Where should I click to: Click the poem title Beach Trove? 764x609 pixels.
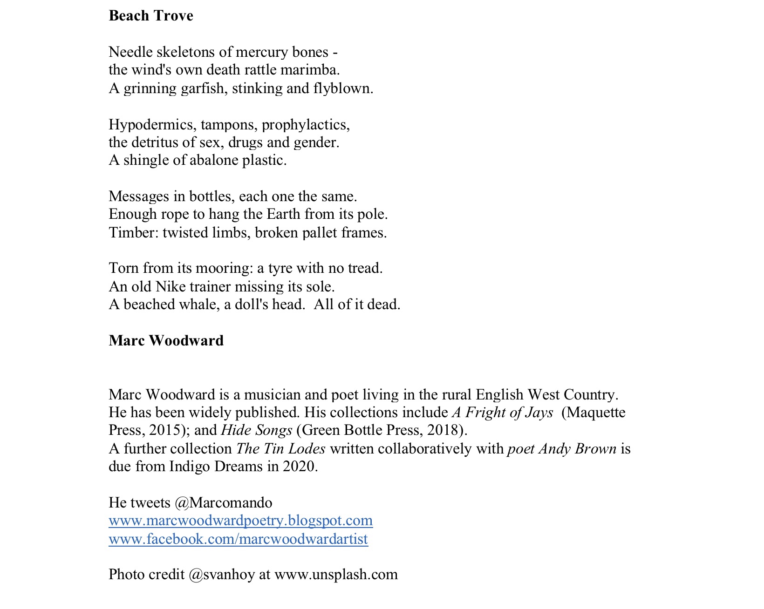(151, 16)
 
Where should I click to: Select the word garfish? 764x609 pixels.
(203, 88)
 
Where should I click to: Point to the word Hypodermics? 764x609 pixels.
(152, 125)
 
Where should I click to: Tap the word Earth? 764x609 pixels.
(284, 214)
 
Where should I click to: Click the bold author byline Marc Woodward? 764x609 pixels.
(166, 341)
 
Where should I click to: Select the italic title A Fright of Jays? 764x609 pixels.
(503, 413)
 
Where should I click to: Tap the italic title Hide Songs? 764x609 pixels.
(257, 431)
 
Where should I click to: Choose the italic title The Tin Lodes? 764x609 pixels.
(281, 449)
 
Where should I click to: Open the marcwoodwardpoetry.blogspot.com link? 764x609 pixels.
(240, 521)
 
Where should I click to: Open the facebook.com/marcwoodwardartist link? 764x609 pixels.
(238, 539)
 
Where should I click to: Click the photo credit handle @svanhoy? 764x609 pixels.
(222, 575)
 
